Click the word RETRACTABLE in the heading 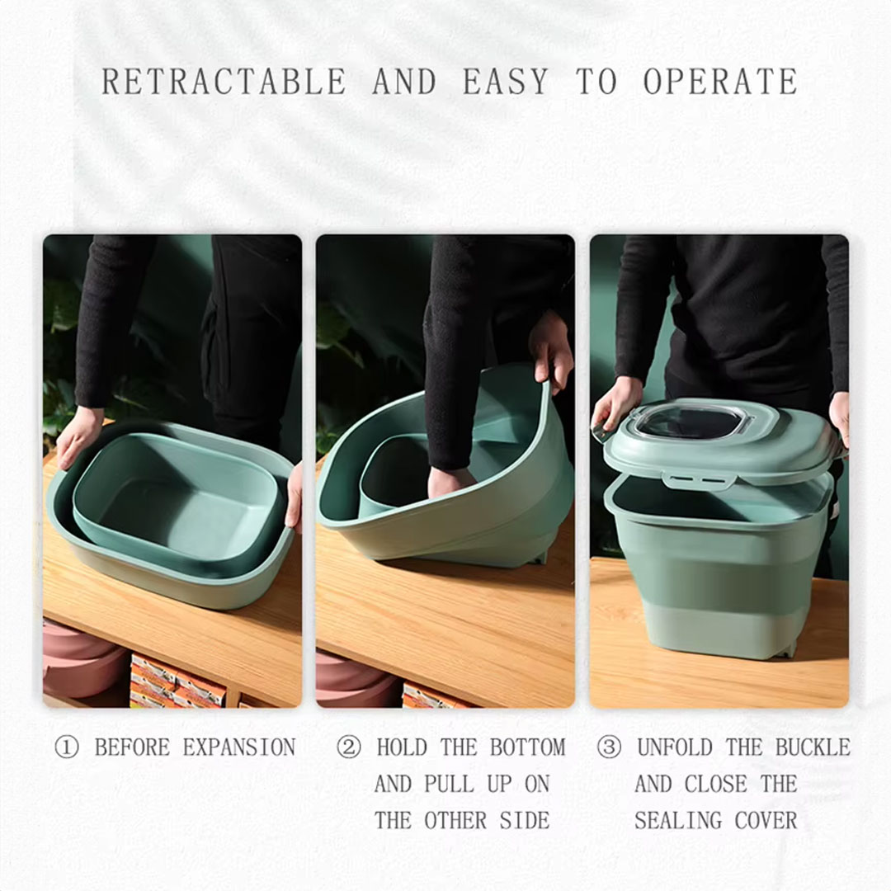pyautogui.click(x=224, y=81)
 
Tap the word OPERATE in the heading pyautogui.click(x=720, y=81)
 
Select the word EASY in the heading pyautogui.click(x=505, y=81)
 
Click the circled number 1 pyautogui.click(x=67, y=747)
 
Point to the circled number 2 pyautogui.click(x=348, y=747)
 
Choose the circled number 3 pyautogui.click(x=609, y=747)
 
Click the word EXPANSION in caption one pyautogui.click(x=239, y=747)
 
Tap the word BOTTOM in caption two pyautogui.click(x=527, y=747)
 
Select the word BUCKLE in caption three pyautogui.click(x=813, y=747)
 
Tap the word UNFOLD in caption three pyautogui.click(x=675, y=747)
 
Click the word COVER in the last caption pyautogui.click(x=766, y=821)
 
